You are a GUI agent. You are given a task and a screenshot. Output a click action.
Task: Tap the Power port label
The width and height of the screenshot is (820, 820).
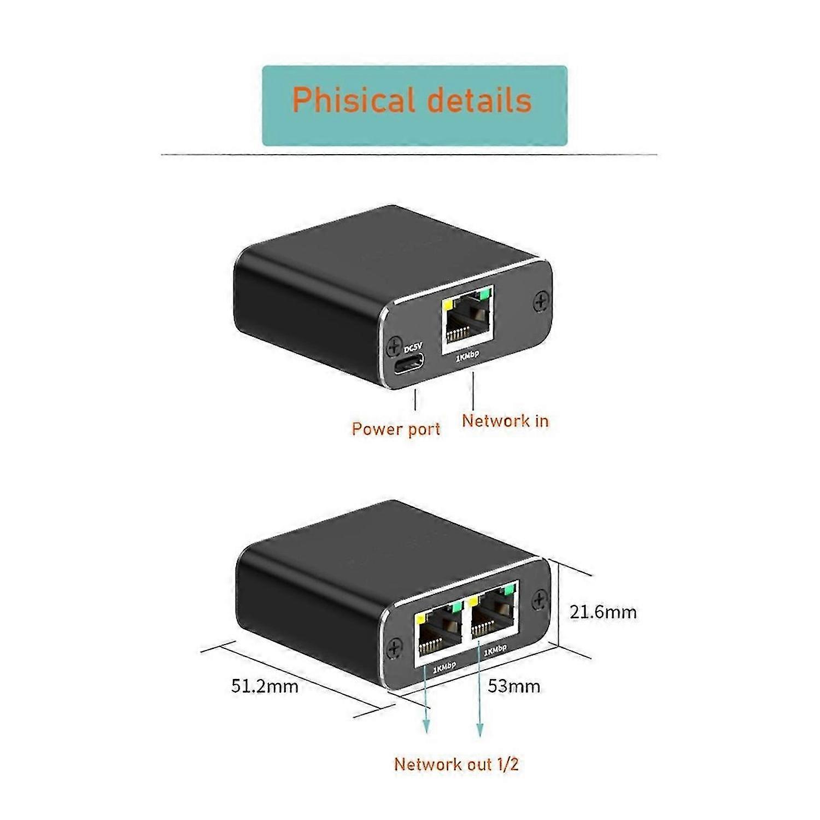[396, 429]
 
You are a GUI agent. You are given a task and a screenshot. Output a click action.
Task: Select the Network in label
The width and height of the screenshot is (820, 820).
[505, 420]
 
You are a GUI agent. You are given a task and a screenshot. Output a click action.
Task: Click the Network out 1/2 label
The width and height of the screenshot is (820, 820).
[456, 764]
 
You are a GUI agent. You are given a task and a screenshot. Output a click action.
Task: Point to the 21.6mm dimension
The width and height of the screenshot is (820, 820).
[603, 612]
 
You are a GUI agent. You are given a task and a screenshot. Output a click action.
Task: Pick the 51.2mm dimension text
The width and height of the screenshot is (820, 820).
[265, 686]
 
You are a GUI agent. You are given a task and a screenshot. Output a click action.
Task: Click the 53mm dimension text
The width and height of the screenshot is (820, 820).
[514, 686]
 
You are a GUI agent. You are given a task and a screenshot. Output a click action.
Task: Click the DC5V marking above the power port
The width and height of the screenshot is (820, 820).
[413, 348]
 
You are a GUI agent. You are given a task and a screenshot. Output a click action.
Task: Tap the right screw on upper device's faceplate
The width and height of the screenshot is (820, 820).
[541, 301]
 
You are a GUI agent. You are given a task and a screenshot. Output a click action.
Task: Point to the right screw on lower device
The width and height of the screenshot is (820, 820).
[540, 599]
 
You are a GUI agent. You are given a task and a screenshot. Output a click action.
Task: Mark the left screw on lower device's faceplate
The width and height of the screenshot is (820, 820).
[395, 648]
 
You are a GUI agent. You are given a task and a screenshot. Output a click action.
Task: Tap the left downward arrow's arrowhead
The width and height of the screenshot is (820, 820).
[426, 725]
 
